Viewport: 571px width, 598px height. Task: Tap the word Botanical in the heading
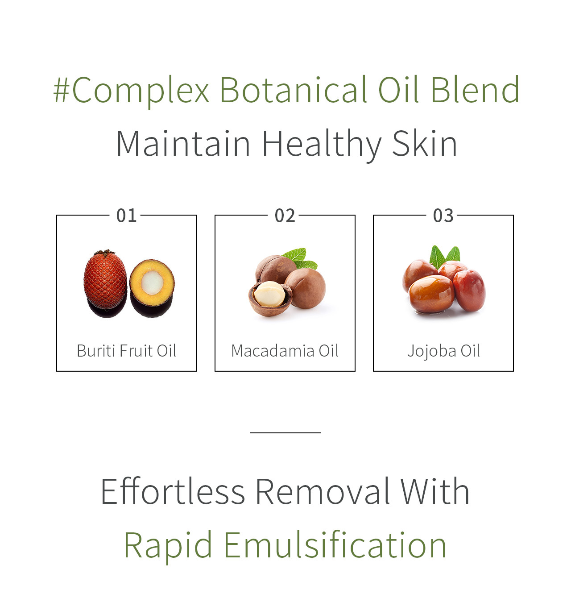coord(294,89)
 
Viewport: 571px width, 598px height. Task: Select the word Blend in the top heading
coord(475,89)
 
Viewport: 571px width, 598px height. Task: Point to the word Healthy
coord(322,145)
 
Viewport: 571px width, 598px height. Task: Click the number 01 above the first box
coord(126,216)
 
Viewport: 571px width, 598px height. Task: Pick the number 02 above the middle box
coord(285,216)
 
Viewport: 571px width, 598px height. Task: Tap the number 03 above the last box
coord(443,216)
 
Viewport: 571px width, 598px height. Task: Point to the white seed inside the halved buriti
coord(152,283)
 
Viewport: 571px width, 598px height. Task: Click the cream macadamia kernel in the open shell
coord(269,294)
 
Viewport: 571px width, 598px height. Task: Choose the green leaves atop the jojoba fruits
coord(444,257)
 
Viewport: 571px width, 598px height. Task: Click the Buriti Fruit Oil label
coord(126,351)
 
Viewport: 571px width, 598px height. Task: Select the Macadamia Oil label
coord(285,351)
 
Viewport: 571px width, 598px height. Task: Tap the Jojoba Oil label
coord(443,351)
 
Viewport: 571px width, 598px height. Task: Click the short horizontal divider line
coord(285,433)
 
